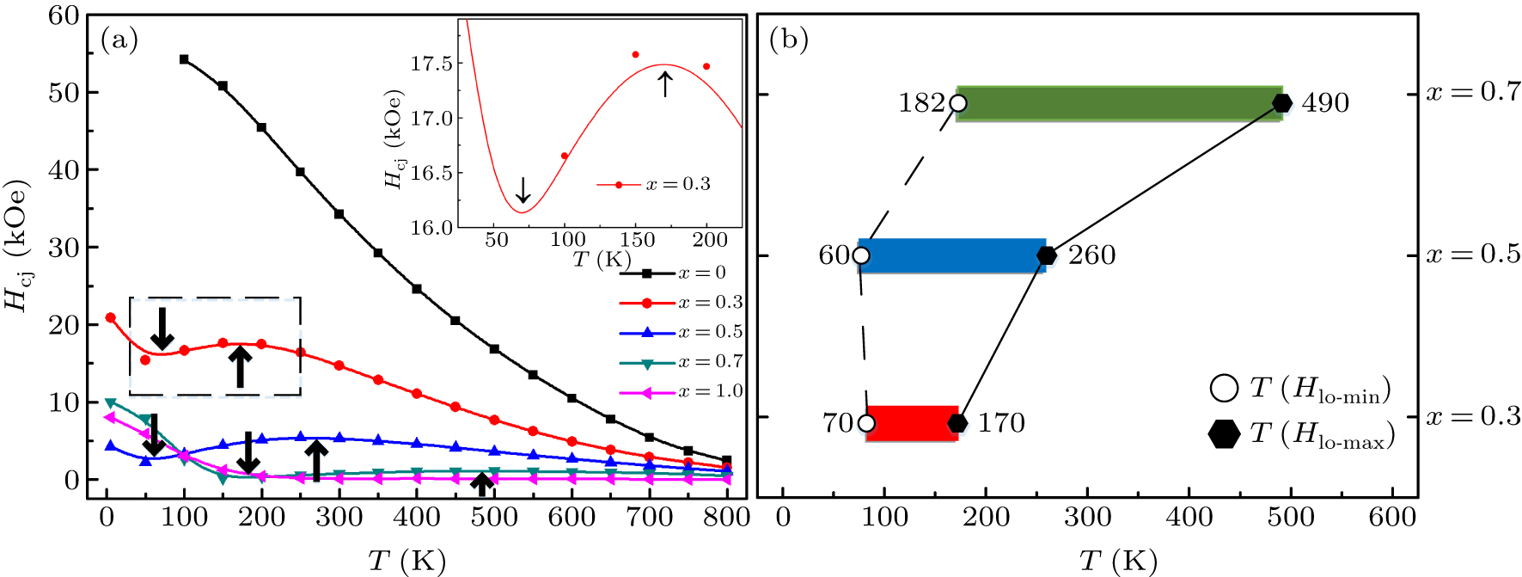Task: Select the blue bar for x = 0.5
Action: (952, 255)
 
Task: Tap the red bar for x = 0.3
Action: (911, 423)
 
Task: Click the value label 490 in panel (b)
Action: (1325, 103)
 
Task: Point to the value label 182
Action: (921, 103)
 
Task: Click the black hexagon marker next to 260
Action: (1046, 255)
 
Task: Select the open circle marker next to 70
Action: (866, 423)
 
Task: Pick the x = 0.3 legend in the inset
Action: (655, 184)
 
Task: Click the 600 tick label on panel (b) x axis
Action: (1392, 517)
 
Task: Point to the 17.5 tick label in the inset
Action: (431, 64)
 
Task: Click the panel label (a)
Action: (119, 40)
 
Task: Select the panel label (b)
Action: (788, 40)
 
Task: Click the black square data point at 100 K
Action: (184, 59)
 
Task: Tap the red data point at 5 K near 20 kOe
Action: (110, 317)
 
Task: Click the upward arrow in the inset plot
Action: (664, 83)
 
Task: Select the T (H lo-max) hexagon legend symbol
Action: (1224, 433)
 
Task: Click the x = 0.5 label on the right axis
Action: (1472, 255)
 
